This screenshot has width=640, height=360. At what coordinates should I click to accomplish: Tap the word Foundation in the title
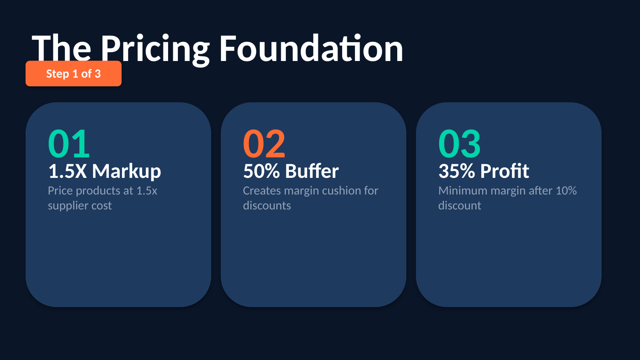point(311,48)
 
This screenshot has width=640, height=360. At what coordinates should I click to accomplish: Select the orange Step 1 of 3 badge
point(73,73)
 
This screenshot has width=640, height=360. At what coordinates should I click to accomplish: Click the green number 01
point(69,143)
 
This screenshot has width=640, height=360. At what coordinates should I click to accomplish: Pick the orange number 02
point(264,143)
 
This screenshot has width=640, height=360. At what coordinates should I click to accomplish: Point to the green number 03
point(460,143)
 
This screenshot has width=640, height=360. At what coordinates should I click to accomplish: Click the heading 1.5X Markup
point(105,171)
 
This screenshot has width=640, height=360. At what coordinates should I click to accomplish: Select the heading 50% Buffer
point(291,171)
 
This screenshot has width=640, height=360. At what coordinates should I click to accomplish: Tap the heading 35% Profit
point(484,171)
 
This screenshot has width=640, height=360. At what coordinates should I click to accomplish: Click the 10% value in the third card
point(566,191)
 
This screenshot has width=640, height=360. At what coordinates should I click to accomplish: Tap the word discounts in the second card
point(267,206)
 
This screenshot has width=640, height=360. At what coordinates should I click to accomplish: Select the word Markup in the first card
point(127,172)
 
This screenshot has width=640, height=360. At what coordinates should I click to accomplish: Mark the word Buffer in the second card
point(312,171)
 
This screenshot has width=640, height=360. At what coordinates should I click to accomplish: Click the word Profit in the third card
point(505,171)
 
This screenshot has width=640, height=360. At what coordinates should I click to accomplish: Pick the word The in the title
point(61,48)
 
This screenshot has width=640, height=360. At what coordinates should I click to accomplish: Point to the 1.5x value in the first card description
point(147,191)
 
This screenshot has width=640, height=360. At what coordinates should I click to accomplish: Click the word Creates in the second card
point(262,191)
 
